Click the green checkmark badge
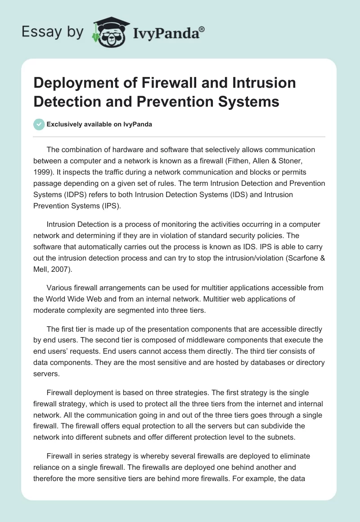(39, 124)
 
